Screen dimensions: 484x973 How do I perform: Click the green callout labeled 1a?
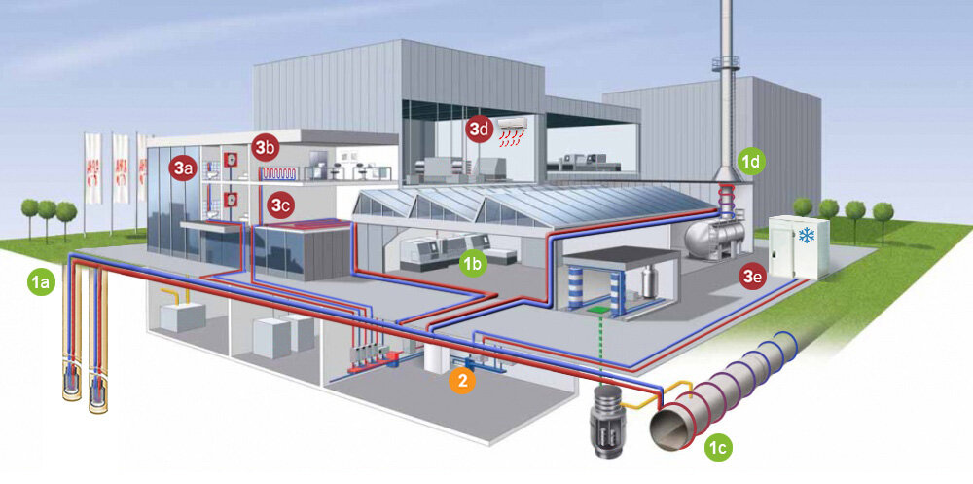pos(41,283)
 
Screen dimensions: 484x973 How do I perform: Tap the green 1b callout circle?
pos(473,263)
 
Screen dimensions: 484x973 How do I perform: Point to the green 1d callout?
pos(750,162)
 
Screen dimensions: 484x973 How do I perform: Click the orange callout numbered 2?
pos(463,381)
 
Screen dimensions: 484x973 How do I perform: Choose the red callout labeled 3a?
pos(182,168)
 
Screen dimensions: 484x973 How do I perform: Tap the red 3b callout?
pos(265,148)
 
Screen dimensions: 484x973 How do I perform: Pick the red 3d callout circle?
pos(478,130)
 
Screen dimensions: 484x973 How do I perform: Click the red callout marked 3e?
pos(751,278)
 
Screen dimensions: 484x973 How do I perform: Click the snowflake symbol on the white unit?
pos(807,236)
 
